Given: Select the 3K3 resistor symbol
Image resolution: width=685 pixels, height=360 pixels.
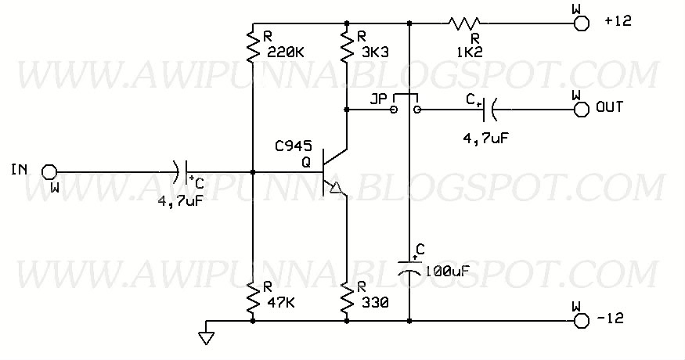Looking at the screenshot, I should click(345, 46).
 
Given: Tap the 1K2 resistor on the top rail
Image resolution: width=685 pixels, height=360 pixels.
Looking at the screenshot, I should click(466, 23).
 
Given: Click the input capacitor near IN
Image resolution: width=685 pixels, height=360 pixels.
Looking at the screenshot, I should click(183, 171).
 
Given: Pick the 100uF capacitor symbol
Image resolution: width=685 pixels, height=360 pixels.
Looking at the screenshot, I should click(409, 265).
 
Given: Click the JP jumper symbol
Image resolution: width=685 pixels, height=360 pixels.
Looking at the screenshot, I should click(405, 106).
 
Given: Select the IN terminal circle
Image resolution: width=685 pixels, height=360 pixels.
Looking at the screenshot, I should click(49, 171).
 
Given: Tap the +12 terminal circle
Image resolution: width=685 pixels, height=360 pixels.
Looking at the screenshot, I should click(580, 23).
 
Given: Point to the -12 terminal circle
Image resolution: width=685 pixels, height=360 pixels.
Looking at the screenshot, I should click(580, 321).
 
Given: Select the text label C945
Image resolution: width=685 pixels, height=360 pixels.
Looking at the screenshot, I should click(294, 146).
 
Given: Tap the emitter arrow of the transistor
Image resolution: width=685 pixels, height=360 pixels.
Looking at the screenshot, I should click(337, 188).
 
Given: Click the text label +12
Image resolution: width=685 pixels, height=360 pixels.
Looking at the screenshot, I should click(617, 23).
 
